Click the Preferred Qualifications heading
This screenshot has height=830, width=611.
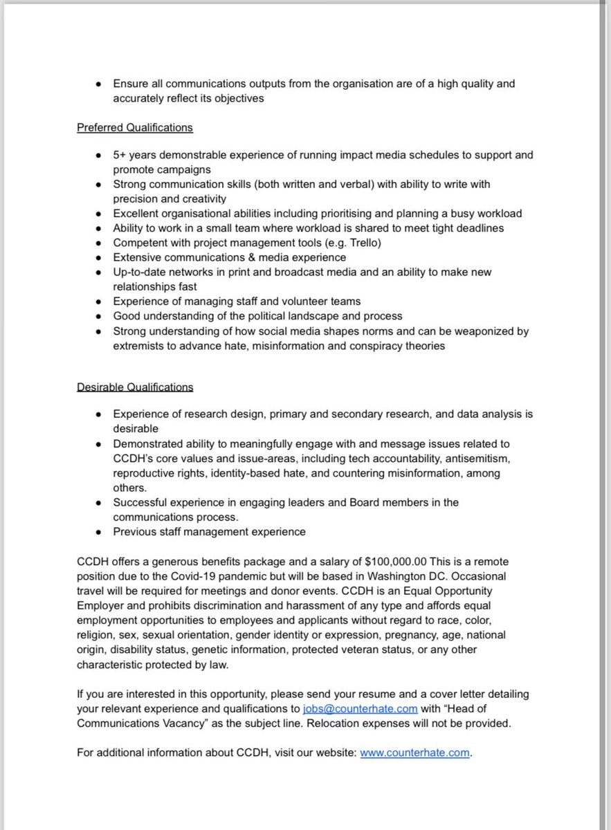point(135,128)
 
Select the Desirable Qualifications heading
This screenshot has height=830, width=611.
point(135,387)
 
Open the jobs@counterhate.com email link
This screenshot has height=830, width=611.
point(360,708)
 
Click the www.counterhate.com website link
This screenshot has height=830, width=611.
point(414,753)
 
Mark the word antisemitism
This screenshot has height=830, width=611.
point(482,459)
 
